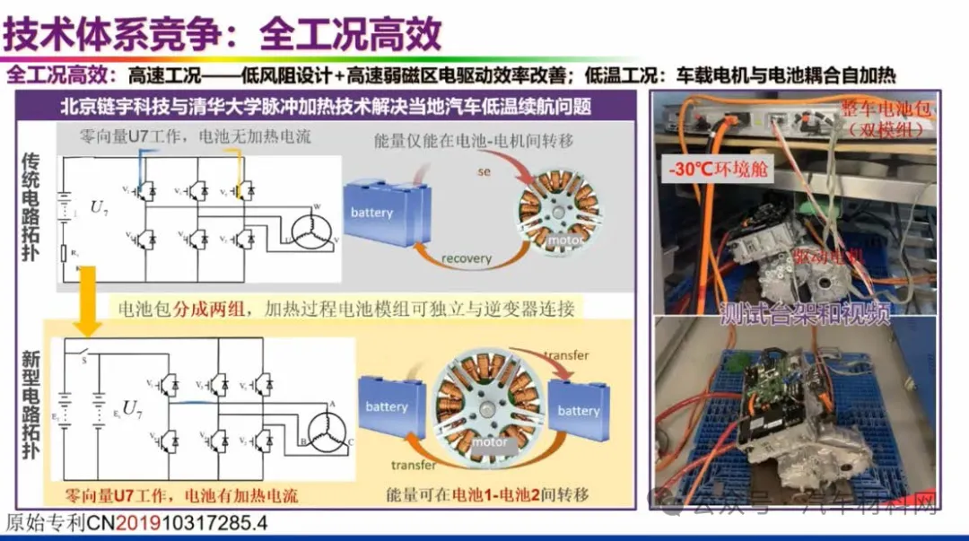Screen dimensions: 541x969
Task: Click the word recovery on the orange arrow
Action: [467, 258]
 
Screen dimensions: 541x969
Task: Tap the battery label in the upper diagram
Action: [371, 213]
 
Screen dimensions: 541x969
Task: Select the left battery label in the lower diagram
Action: [387, 406]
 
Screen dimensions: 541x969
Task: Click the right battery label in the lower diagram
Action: [578, 411]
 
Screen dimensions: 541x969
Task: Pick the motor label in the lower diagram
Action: [490, 442]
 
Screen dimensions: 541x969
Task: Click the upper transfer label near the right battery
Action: [566, 355]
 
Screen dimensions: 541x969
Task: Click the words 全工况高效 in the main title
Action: [350, 34]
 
